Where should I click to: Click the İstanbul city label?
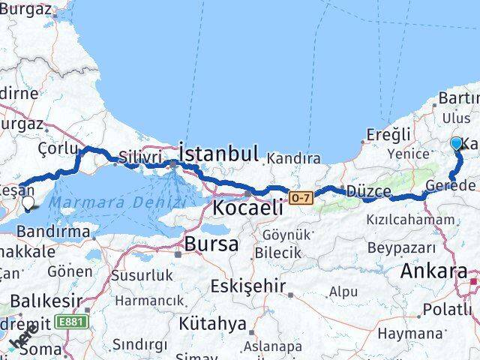219,154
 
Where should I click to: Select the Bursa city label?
211,244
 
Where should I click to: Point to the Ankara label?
436,271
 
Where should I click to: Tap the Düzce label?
367,191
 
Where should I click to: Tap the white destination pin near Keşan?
28,202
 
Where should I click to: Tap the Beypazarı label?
401,247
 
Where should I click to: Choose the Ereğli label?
388,134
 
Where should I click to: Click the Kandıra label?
293,158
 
